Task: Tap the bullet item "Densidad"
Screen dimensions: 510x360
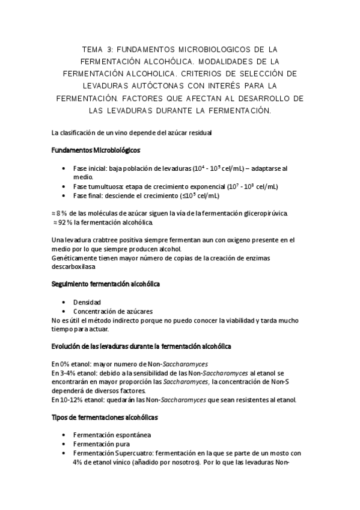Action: coord(87,301)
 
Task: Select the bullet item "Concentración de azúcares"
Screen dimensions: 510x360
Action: coord(112,311)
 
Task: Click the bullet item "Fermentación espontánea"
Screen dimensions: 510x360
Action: coord(112,435)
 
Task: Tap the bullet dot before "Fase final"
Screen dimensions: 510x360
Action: coord(64,195)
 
